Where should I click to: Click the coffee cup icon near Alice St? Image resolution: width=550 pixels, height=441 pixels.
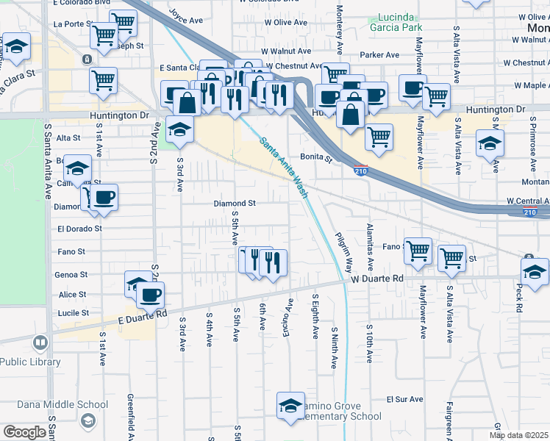click(x=150, y=295)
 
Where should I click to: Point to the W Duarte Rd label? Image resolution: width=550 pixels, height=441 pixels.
click(x=377, y=279)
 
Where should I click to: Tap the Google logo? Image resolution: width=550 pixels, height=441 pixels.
click(x=24, y=432)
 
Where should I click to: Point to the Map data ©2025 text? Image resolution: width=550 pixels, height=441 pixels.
click(x=518, y=435)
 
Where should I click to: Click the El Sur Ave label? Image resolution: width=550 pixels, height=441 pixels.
click(x=404, y=399)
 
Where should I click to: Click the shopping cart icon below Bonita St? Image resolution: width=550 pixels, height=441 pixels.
click(x=378, y=137)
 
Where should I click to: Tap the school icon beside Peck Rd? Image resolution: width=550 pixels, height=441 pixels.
click(x=535, y=271)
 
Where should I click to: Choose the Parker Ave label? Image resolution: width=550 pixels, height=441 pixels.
click(x=379, y=54)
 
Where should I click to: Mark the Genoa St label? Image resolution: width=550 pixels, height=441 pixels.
click(x=72, y=274)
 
